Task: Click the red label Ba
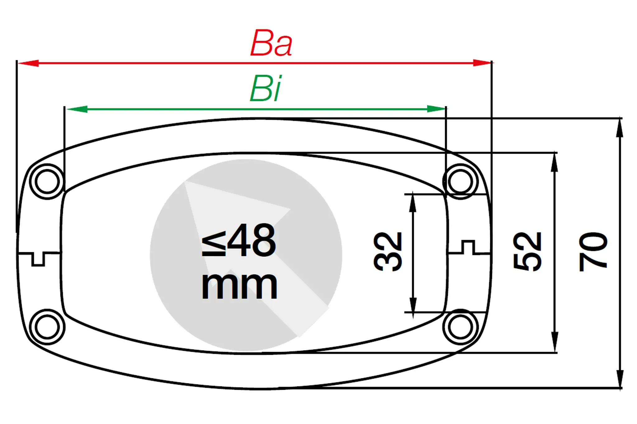pos(271,43)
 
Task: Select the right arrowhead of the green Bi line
pos(436,109)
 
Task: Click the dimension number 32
pos(388,252)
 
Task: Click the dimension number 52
pos(527,252)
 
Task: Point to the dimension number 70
pos(593,252)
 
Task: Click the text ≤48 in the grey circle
pos(239,240)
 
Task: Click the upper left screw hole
pos(47,181)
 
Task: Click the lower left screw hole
pos(47,327)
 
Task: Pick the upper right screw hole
pos(460,181)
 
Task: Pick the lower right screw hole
pos(460,327)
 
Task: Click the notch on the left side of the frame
pos(38,259)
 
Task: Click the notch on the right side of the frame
pos(468,247)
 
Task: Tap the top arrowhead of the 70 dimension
pos(620,128)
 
